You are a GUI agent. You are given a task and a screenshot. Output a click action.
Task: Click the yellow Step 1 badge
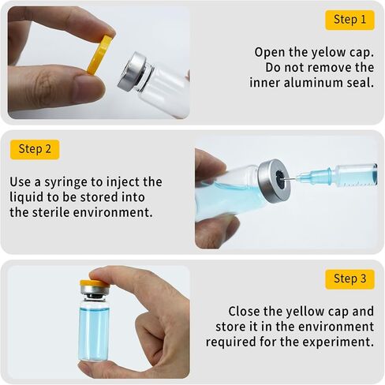point(349,20)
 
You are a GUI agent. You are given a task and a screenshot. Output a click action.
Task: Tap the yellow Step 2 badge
point(35,149)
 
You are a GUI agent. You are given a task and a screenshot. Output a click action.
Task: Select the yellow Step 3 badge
point(349,279)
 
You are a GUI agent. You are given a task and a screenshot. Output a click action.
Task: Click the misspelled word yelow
point(328,52)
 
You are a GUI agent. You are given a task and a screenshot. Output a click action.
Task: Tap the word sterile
point(51,212)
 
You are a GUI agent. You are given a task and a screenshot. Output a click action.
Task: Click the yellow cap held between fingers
point(99,54)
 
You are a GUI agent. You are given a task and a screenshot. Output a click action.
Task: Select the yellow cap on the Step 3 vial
point(95,284)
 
